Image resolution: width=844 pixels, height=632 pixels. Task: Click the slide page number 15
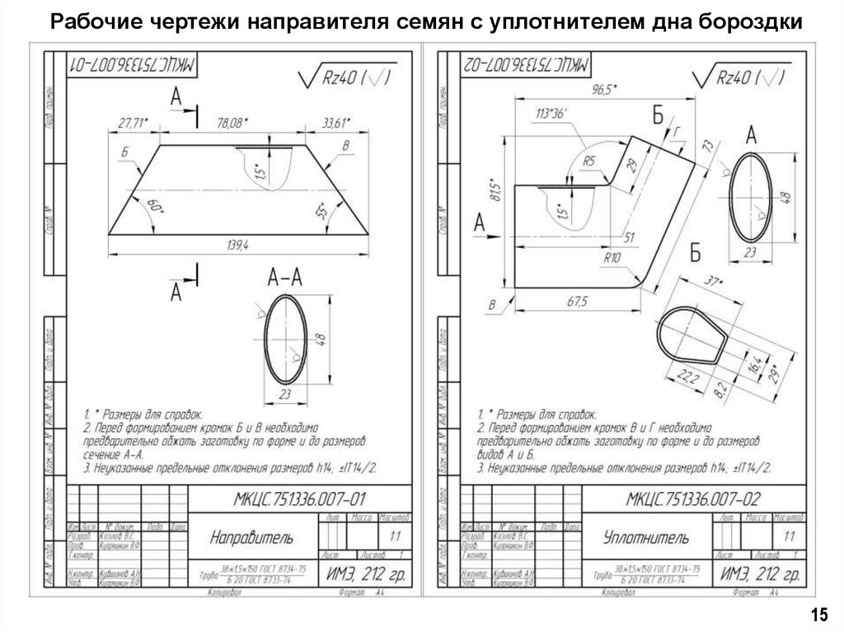tap(818, 615)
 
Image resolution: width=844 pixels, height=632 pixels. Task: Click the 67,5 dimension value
tap(574, 302)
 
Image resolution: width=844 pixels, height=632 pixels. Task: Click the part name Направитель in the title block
tap(251, 538)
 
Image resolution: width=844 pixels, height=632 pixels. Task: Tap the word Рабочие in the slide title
tap(87, 20)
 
